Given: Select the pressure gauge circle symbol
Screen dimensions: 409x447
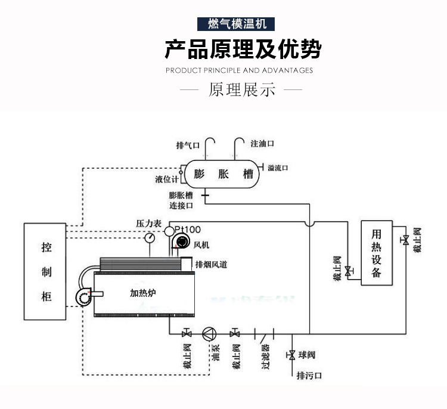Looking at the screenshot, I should (x=149, y=237).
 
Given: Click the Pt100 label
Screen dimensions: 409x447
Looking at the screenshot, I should (x=188, y=229).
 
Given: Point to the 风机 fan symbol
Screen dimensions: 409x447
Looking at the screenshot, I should (x=179, y=242).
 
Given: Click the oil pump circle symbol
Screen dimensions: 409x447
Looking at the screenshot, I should (x=209, y=333).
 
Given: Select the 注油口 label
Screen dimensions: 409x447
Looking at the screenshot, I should (x=262, y=144).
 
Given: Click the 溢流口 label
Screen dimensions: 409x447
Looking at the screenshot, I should (x=278, y=168).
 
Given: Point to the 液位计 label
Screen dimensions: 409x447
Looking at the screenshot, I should (x=166, y=179).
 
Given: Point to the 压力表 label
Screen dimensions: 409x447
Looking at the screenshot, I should (x=149, y=223).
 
